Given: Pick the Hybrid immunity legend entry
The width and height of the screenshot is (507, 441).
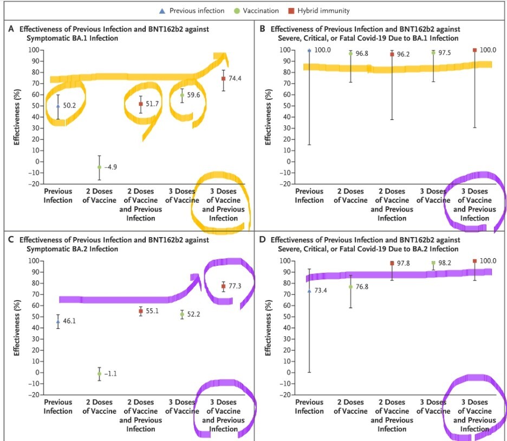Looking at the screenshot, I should [x=323, y=10].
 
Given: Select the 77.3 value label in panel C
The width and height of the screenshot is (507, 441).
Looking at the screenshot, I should [x=235, y=286].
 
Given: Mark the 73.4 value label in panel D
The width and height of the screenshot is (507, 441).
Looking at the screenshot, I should [x=322, y=291].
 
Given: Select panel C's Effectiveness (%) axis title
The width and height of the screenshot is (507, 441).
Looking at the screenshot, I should [x=17, y=328].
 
